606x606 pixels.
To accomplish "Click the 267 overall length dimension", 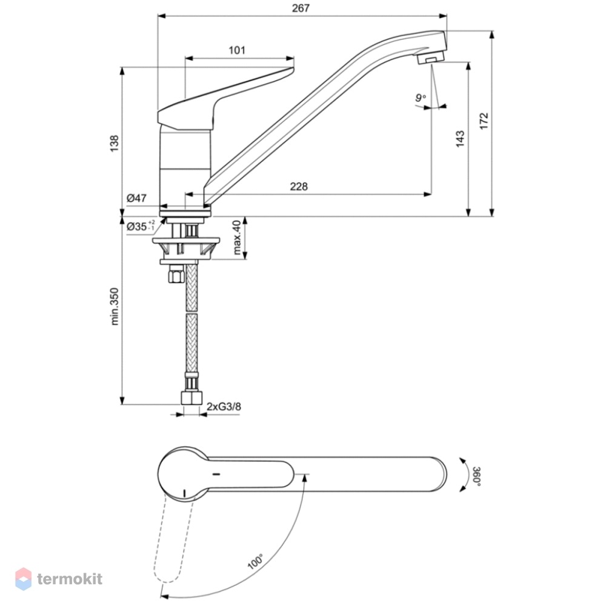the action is click(x=301, y=8).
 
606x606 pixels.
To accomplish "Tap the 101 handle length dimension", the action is click(x=237, y=50).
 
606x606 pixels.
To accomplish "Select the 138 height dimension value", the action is click(x=115, y=143).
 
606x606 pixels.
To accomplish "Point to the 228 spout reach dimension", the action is click(x=299, y=187).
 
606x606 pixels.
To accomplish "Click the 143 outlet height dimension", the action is click(x=460, y=139).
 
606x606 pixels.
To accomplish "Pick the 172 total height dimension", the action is click(x=484, y=121).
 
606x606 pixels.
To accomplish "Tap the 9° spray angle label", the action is click(x=421, y=98).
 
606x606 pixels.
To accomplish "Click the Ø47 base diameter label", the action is click(x=136, y=198).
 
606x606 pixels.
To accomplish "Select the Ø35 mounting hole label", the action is click(x=141, y=226).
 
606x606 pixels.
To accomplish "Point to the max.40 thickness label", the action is click(x=238, y=238).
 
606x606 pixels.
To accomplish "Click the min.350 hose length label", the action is click(x=115, y=307).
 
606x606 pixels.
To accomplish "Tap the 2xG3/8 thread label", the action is click(x=224, y=407).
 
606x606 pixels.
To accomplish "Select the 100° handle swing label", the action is click(x=255, y=562).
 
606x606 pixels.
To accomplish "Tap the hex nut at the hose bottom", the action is click(x=191, y=398).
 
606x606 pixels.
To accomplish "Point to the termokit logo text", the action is click(x=70, y=579).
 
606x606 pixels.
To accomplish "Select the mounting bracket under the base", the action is click(x=186, y=247).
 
